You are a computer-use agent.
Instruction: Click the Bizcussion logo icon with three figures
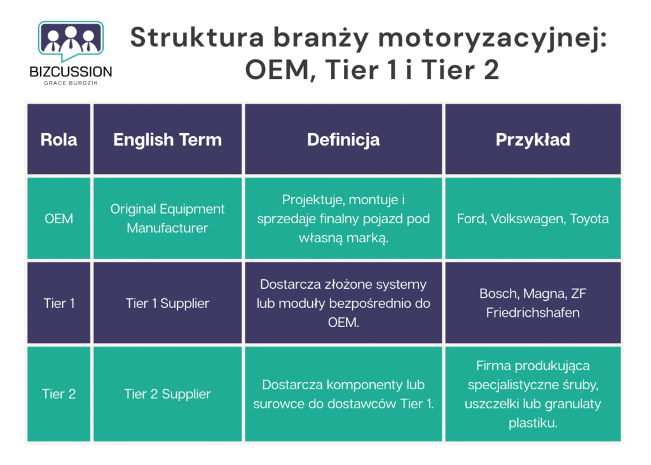pyautogui.click(x=71, y=40)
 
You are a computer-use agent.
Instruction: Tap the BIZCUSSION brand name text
pyautogui.click(x=71, y=72)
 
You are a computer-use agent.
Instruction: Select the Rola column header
pyautogui.click(x=58, y=139)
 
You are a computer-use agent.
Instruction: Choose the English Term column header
pyautogui.click(x=167, y=139)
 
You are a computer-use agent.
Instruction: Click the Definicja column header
pyautogui.click(x=343, y=139)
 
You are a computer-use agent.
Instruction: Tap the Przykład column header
pyautogui.click(x=533, y=139)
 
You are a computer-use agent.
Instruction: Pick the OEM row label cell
pyautogui.click(x=58, y=218)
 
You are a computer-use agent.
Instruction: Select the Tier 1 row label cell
pyautogui.click(x=58, y=303)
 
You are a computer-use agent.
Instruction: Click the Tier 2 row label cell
pyautogui.click(x=58, y=394)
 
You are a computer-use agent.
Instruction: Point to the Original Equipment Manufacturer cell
pyautogui.click(x=167, y=218)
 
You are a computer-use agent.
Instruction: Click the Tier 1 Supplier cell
pyautogui.click(x=167, y=303)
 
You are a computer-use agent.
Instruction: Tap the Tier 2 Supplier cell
pyautogui.click(x=167, y=394)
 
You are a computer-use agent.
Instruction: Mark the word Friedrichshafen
pyautogui.click(x=533, y=312)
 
